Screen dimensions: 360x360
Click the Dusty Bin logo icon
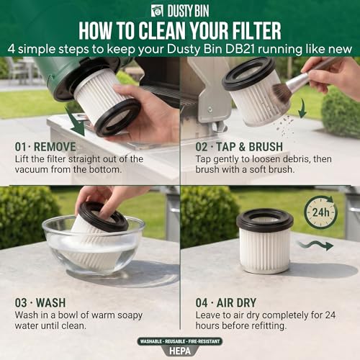pos(157,11)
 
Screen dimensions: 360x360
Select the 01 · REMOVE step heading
pos(45,147)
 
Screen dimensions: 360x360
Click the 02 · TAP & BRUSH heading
pos(239,147)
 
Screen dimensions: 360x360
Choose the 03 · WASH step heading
pos(40,302)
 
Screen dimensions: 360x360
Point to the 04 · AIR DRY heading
pos(226,302)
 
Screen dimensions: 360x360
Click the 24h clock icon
pos(320,212)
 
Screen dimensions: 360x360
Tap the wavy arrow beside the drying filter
pos(315,246)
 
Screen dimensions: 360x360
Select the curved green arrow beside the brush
pos(302,109)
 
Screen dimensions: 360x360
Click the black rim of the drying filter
pos(265,220)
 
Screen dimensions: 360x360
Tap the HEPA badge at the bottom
pos(180,351)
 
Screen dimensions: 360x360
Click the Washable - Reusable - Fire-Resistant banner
pos(180,341)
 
